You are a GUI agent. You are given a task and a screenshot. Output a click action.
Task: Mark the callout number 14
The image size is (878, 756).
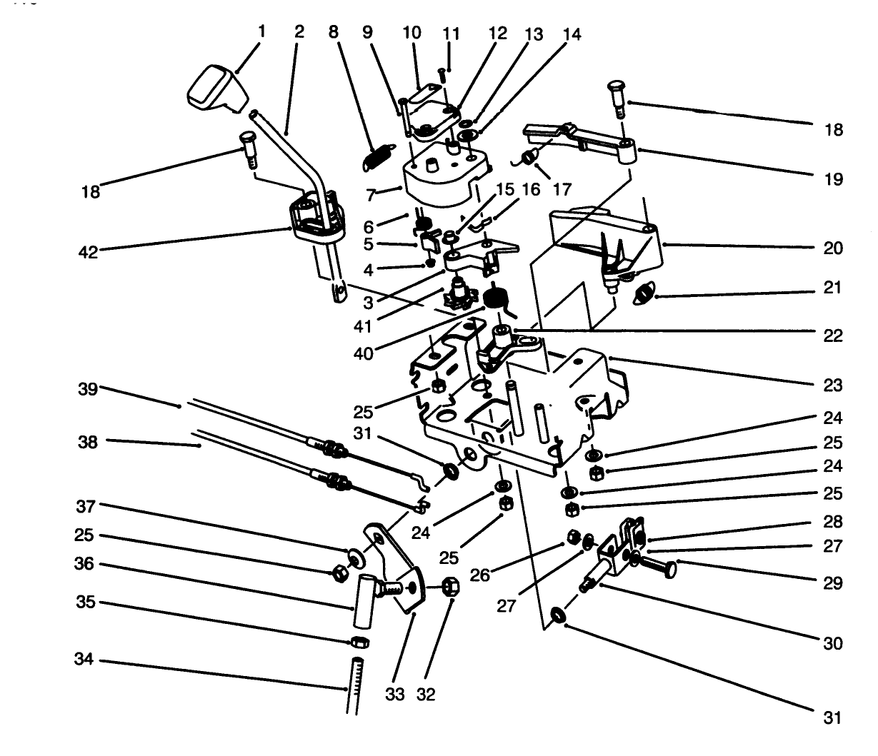[x=572, y=34]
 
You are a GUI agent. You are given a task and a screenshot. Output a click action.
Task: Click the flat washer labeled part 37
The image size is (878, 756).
[x=355, y=555]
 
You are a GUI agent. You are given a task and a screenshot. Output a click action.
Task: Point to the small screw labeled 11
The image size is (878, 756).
[x=443, y=72]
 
